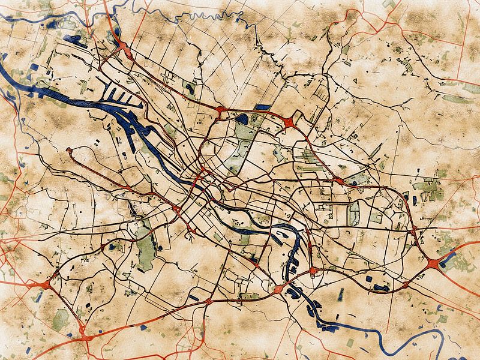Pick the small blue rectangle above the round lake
click(262, 107)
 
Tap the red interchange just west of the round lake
click(221, 110)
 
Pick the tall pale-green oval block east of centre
click(354, 210)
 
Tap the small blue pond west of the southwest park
click(112, 246)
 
